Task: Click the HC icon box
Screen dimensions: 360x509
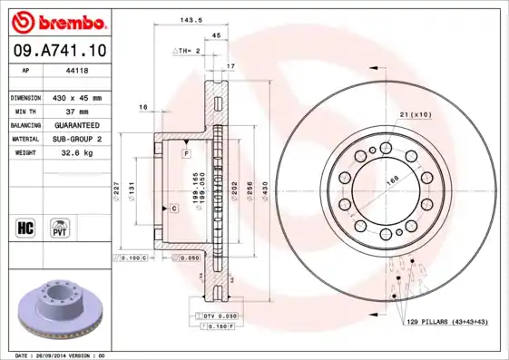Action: coord(24,224)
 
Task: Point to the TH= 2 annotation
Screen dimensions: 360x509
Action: coord(187,52)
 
